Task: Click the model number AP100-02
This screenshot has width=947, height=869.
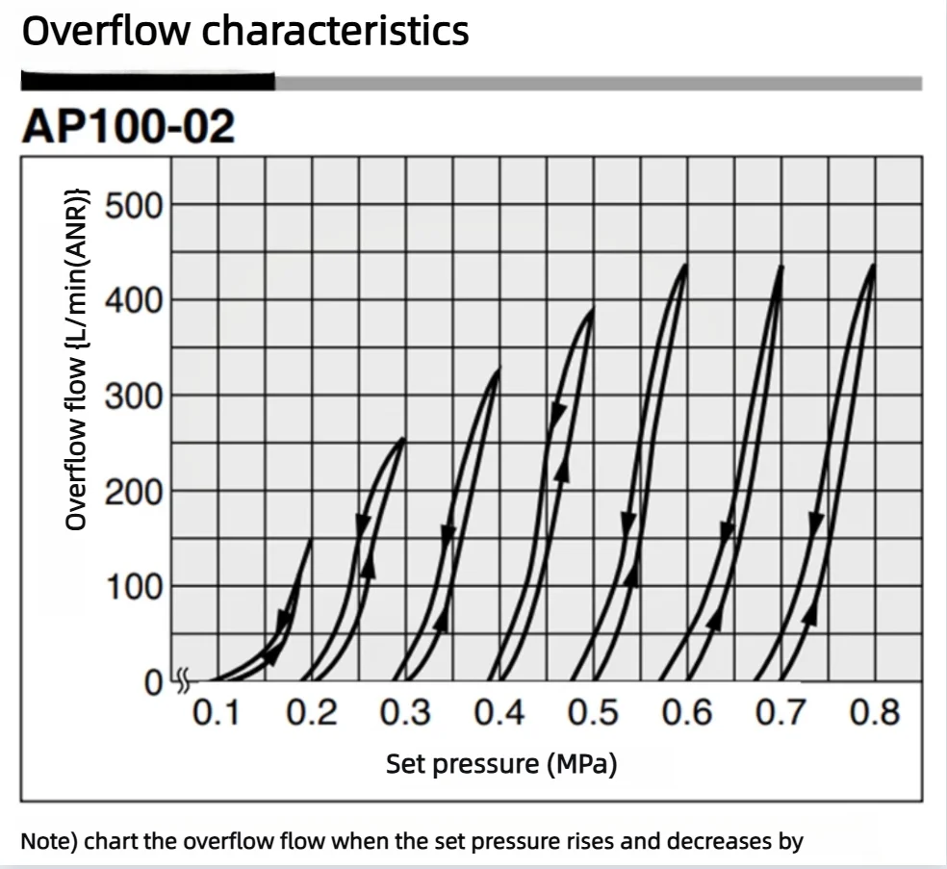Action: point(128,126)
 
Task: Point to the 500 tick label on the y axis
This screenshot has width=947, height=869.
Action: point(134,206)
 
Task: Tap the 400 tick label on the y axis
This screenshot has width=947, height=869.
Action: point(134,301)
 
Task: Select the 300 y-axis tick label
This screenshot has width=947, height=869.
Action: point(134,396)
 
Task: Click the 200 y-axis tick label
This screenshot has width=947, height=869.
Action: point(134,492)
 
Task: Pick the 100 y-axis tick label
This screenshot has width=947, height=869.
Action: point(134,587)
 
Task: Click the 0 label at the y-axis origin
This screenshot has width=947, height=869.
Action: point(153,683)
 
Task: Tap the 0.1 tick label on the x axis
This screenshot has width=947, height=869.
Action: point(216,712)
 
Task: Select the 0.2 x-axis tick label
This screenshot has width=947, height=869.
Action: point(311,712)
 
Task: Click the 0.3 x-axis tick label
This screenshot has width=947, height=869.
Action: point(405,712)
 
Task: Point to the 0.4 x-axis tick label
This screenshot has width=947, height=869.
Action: point(499,712)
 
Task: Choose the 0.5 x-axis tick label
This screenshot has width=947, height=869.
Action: point(593,712)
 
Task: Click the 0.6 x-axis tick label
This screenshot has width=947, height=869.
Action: point(687,712)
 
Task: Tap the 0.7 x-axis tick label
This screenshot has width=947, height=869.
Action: point(781,712)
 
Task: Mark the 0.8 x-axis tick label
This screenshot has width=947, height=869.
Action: point(875,712)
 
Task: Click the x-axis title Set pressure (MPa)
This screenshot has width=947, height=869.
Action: point(501,764)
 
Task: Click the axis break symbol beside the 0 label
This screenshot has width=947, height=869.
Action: point(183,680)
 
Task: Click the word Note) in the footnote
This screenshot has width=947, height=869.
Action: point(49,841)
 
